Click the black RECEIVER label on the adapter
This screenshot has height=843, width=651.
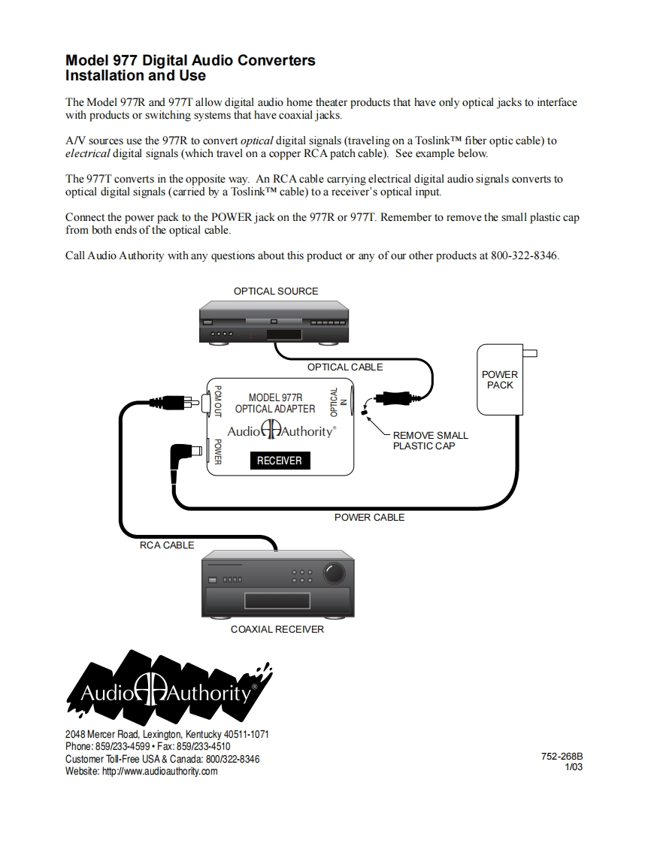click(280, 461)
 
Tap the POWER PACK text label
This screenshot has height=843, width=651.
click(500, 379)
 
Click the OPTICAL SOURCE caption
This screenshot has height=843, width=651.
click(276, 292)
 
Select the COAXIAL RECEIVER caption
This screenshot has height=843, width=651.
click(277, 629)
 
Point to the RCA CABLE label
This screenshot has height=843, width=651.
click(167, 545)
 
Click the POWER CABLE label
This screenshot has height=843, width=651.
click(369, 517)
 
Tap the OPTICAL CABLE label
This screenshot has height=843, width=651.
click(345, 367)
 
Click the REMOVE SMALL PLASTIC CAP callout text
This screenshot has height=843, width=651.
click(430, 440)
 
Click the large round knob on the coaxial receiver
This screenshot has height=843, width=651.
click(335, 575)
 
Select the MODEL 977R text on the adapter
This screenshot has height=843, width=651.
click(275, 397)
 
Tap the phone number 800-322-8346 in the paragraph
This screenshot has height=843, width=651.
click(524, 255)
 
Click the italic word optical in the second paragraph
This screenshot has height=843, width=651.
click(256, 140)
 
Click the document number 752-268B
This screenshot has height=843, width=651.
click(562, 757)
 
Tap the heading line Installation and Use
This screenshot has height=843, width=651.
click(135, 76)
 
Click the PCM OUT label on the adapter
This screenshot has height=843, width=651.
click(218, 401)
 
